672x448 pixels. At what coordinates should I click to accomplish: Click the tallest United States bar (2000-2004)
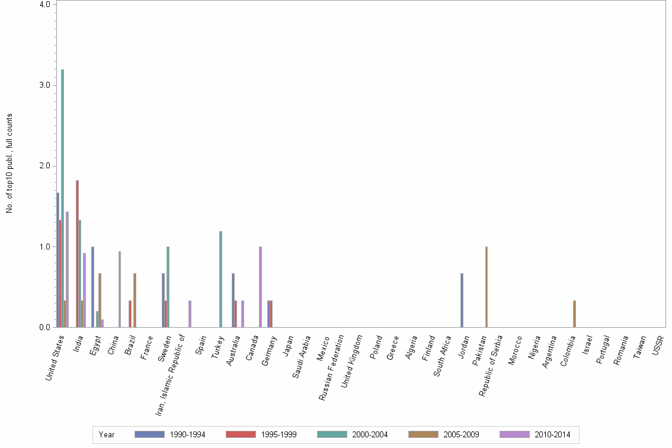pos(62,199)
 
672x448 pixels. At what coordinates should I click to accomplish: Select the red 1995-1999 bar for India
pos(77,254)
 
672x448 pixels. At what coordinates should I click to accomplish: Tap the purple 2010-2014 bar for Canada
pos(260,287)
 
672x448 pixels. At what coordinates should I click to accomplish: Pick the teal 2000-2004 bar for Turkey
pos(220,279)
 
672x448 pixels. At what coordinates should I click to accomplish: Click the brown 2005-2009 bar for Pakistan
pos(487,287)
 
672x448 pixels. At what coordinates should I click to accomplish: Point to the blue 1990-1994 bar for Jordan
pos(462,300)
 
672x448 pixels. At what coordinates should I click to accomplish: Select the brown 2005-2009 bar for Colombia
pos(574,314)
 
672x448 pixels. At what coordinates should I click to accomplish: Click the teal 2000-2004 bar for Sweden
pos(168,287)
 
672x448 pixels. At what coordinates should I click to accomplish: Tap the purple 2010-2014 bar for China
pos(120,289)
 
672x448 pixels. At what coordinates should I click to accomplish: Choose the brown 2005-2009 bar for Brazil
pos(135,300)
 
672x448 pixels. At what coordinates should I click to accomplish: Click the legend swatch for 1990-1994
pos(149,434)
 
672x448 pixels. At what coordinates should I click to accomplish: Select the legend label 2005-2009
pos(461,434)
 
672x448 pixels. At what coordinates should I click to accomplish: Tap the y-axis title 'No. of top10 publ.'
pos(9,163)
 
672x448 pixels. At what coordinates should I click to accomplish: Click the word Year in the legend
pos(107,434)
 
